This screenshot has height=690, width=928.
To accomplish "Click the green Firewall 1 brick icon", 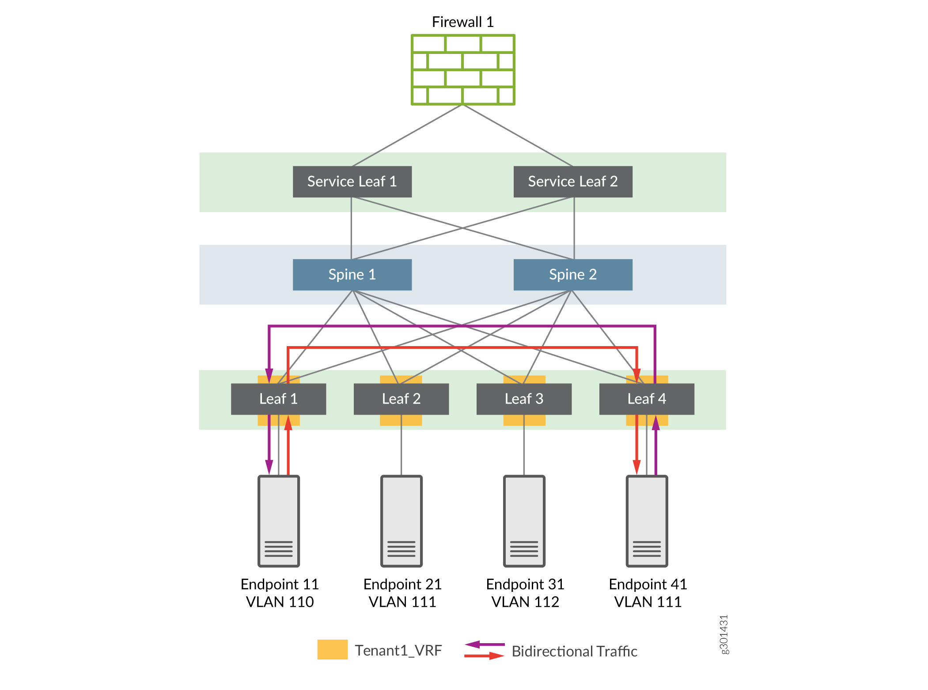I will pyautogui.click(x=463, y=69).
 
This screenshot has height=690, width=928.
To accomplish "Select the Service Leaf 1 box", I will pyautogui.click(x=352, y=182).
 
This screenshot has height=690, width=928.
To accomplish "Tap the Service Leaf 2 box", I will pyautogui.click(x=573, y=182).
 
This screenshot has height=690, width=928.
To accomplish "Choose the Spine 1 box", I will pyautogui.click(x=352, y=274).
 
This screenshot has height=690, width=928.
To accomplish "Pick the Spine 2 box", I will pyautogui.click(x=573, y=274).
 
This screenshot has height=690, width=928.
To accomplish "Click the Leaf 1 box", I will pyautogui.click(x=278, y=399).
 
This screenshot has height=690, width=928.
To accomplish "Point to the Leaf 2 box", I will pyautogui.click(x=401, y=399).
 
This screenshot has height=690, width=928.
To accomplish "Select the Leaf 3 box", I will pyautogui.click(x=524, y=399).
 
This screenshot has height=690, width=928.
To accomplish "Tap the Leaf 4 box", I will pyautogui.click(x=647, y=399).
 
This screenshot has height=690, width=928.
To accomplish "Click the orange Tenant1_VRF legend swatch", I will pyautogui.click(x=332, y=649).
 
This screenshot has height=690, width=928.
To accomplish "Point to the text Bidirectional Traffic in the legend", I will pyautogui.click(x=574, y=651).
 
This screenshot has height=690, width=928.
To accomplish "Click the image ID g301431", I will pyautogui.click(x=723, y=634).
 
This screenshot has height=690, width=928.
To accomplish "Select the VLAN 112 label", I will pyautogui.click(x=525, y=602).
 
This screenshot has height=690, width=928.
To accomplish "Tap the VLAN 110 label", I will pyautogui.click(x=280, y=602).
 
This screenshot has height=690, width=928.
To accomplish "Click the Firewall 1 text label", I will pyautogui.click(x=462, y=22).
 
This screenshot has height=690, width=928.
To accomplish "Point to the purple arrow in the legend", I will pyautogui.click(x=485, y=644).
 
